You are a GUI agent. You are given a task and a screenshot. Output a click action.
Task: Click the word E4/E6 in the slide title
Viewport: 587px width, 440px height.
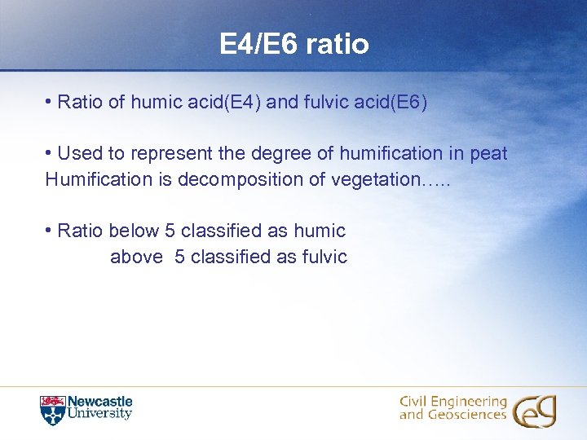258,44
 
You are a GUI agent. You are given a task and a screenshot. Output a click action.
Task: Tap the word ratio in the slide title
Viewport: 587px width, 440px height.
338,44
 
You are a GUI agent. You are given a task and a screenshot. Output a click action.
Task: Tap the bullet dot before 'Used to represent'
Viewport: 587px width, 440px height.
50,153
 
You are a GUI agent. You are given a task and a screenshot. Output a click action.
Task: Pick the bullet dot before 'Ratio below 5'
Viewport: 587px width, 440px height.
50,231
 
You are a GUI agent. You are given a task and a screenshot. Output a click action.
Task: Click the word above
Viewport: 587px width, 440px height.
136,257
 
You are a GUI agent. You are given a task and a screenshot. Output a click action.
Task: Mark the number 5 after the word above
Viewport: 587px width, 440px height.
179,257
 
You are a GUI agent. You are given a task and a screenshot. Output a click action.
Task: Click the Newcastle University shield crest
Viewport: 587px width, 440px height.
52,410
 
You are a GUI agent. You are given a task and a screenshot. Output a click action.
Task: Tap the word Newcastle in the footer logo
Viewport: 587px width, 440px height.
99,402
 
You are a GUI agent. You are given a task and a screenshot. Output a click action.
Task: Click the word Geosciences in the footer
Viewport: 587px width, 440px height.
469,416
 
